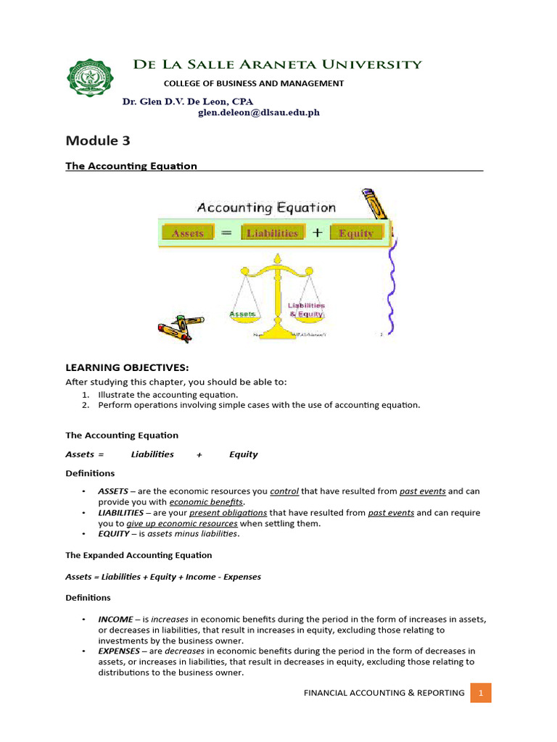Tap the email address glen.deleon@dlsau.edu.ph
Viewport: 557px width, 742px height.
[259, 113]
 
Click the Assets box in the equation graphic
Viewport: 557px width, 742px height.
[188, 233]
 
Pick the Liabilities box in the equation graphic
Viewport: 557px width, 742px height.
[272, 233]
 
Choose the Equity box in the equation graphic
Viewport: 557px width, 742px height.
[355, 233]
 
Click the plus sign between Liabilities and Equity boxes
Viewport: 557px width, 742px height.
[317, 233]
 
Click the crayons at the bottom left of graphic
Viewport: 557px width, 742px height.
[180, 328]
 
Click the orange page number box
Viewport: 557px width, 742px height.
[480, 693]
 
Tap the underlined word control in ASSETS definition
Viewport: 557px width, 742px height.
[284, 491]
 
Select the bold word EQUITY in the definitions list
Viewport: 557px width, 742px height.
[114, 534]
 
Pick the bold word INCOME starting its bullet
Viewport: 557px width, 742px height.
[115, 620]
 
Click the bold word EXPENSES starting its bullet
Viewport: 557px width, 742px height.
[118, 651]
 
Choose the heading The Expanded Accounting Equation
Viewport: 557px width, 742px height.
[139, 555]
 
